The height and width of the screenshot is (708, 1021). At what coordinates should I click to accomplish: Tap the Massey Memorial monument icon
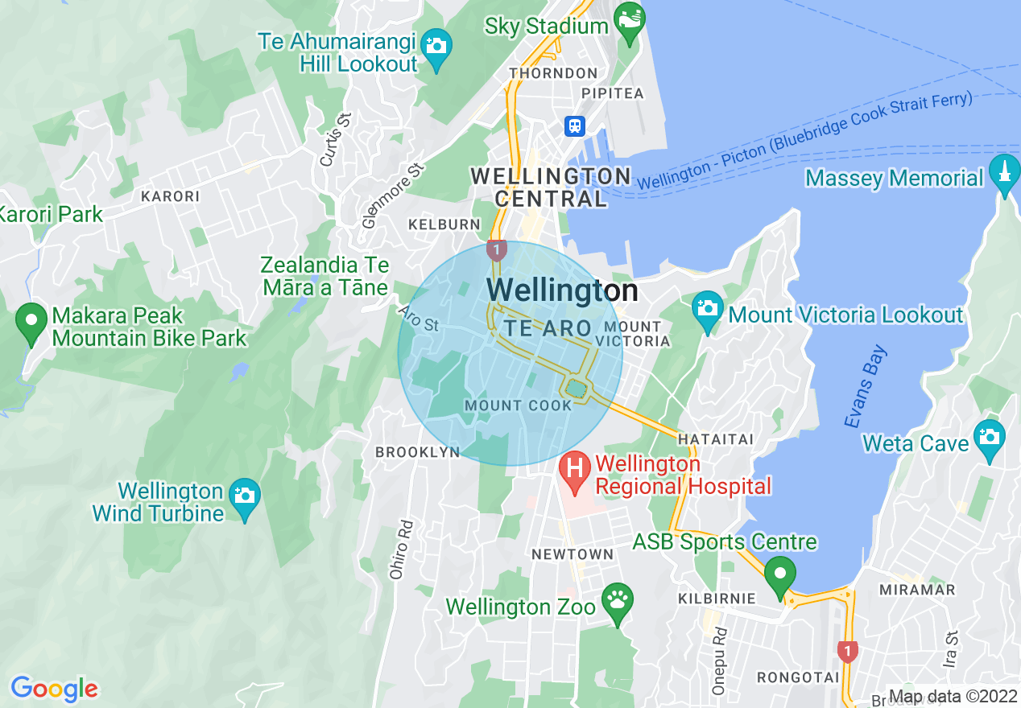pos(1003,175)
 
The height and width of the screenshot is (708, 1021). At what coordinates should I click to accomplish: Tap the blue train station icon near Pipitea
pos(575,126)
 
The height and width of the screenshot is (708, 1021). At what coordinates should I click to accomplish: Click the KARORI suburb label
pos(170,196)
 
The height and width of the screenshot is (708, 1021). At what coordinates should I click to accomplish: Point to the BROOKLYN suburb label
pos(417,452)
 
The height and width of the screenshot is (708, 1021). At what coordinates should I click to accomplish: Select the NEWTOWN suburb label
pos(573,554)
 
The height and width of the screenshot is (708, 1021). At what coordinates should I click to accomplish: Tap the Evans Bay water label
pos(866,386)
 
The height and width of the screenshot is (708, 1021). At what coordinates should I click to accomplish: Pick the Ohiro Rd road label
pos(400,550)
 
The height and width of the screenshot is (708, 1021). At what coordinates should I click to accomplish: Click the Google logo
pos(54,689)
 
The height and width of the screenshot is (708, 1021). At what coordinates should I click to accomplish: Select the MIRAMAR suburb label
pos(928,590)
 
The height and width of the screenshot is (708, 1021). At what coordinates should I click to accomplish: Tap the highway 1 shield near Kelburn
pos(496,250)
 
